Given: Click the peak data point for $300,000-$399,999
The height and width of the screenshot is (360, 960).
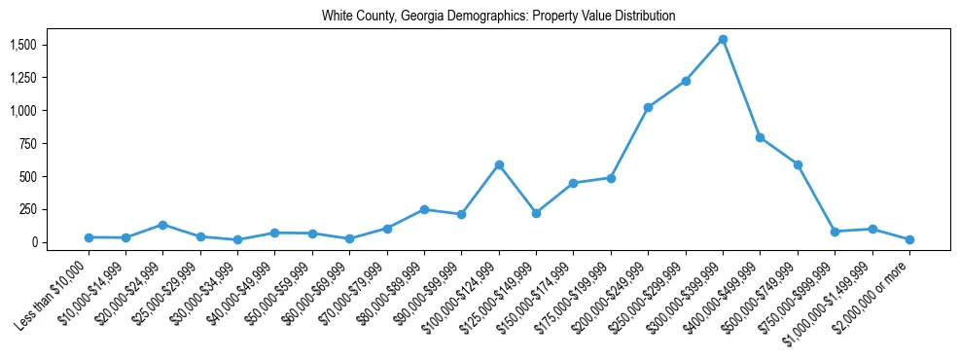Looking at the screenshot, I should tap(723, 40).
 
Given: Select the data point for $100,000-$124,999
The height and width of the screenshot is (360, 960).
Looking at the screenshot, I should tap(499, 165).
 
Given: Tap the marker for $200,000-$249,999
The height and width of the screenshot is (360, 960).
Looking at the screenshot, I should tap(648, 107).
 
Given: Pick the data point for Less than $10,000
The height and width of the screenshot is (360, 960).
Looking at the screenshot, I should tap(89, 237).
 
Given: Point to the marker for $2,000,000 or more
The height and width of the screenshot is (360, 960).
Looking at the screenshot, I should tap(909, 239).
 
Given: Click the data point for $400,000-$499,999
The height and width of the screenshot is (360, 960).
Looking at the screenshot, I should tap(761, 137).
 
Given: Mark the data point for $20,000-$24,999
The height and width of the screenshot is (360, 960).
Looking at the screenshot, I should tap(163, 225).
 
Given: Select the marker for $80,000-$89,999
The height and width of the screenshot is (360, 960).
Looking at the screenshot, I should tap(424, 209).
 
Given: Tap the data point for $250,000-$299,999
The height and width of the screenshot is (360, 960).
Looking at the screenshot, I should tap(686, 81).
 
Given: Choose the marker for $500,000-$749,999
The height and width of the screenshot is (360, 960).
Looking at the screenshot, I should tap(798, 164).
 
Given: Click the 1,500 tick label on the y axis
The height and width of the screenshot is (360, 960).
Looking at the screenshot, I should tap(23, 46).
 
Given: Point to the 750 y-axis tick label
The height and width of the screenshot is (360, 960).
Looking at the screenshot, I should tap(28, 144).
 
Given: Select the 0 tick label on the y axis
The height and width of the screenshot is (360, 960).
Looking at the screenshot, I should tap(34, 242).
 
